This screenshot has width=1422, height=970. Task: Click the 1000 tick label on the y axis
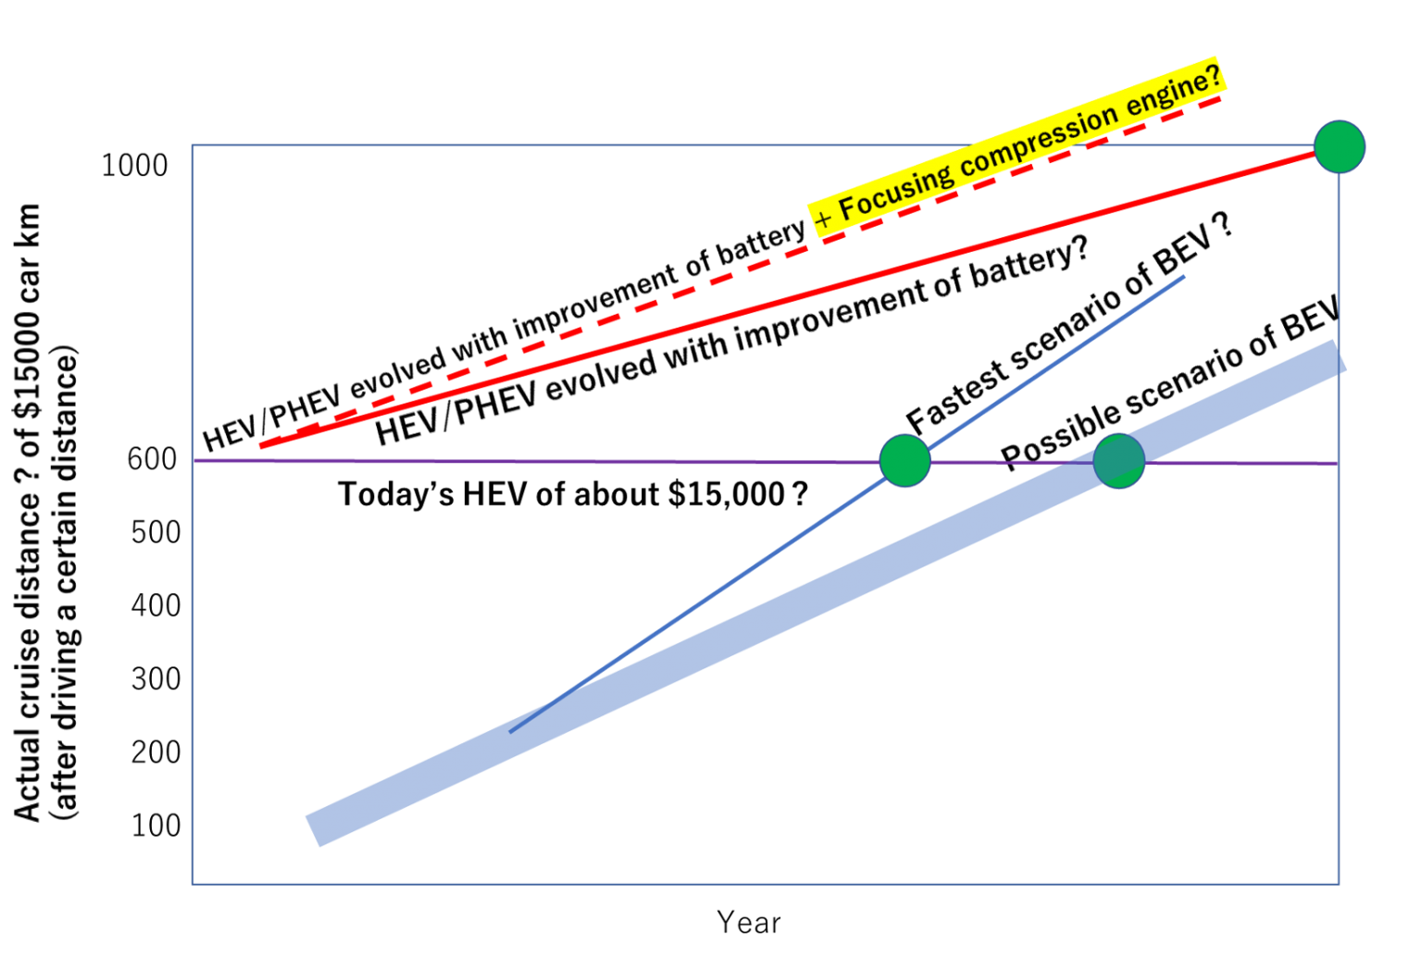tap(134, 166)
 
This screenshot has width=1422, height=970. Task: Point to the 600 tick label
tap(152, 459)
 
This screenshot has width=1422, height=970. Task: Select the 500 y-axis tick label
tap(156, 532)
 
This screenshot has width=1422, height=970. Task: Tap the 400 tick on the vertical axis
tap(156, 605)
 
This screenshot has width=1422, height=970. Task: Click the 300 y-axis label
tap(156, 679)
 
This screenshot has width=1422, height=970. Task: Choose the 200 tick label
tap(156, 752)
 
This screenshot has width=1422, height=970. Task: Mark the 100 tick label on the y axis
tap(156, 826)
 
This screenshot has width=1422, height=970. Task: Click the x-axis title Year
tap(749, 923)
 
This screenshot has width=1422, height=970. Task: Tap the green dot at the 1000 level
tap(1340, 146)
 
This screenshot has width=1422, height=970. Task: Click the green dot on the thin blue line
tap(905, 461)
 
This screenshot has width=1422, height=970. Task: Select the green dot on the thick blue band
tap(1119, 461)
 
